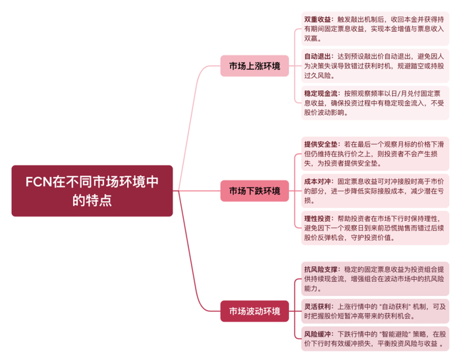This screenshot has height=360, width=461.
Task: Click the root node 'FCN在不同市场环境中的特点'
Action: [x=92, y=190]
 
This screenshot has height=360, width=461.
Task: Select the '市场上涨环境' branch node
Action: [x=254, y=66]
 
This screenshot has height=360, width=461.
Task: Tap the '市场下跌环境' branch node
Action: [x=254, y=191]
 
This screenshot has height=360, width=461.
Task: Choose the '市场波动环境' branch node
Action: [x=254, y=311]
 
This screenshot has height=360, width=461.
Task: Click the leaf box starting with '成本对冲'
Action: [x=373, y=191]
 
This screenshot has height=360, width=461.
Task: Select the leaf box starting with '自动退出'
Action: [x=373, y=66]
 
